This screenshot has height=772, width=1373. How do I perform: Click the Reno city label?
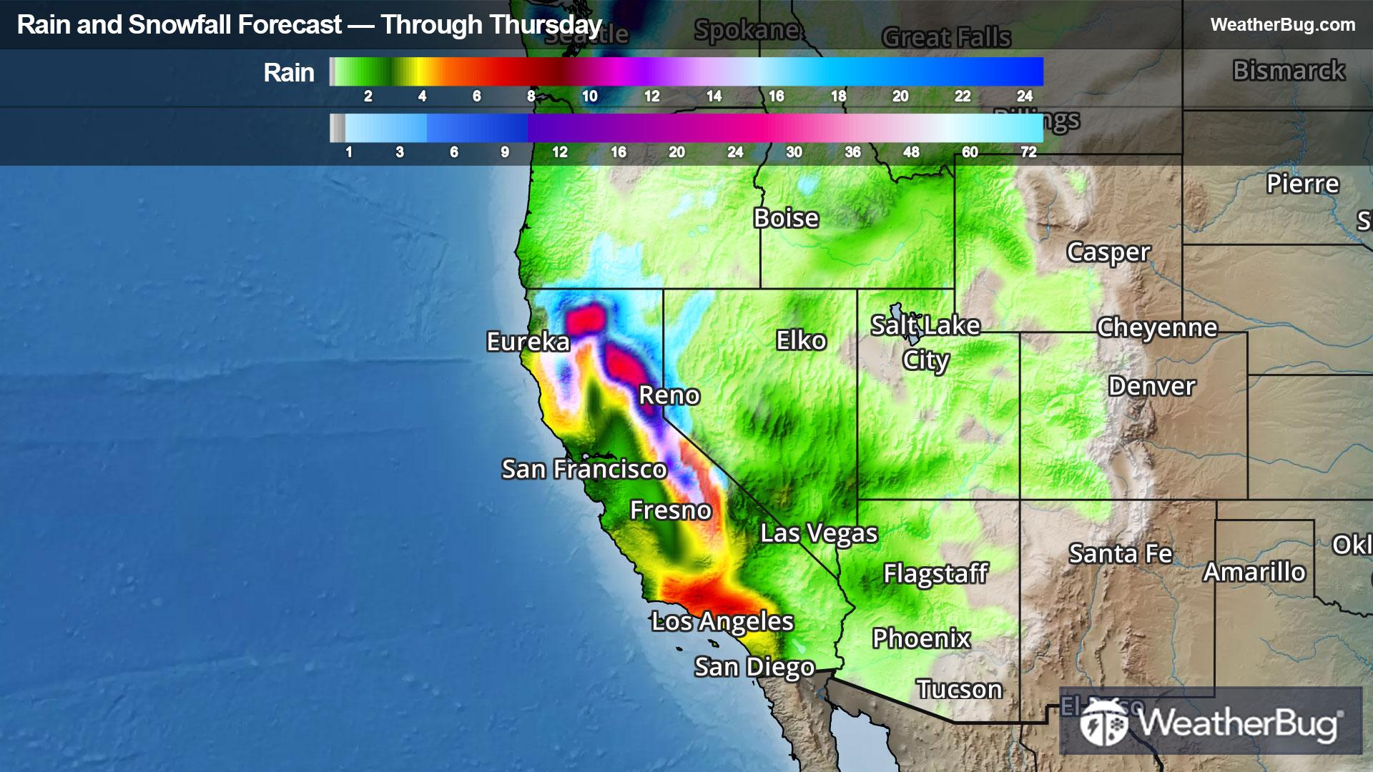669,395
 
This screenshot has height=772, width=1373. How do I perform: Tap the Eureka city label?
528,342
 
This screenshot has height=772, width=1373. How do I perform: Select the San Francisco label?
584,470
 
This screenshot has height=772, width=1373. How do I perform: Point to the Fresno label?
670,510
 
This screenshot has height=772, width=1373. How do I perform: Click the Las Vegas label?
818,533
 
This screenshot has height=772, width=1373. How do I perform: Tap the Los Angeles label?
722,622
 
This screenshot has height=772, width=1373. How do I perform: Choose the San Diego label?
754,667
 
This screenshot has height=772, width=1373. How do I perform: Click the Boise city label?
785,218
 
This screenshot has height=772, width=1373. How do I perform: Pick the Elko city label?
801,341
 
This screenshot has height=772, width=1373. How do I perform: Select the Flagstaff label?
935,573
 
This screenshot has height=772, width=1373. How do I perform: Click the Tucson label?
959,690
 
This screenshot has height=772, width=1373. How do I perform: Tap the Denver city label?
1151,387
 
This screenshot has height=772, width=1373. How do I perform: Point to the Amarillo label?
1254,573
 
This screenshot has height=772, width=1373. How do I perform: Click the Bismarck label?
1289,71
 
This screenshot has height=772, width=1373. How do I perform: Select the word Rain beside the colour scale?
288,73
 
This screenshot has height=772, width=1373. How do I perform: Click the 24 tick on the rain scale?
1024,96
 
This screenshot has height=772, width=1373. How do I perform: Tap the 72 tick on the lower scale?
1028,152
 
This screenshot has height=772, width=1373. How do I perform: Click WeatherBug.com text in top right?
1282,25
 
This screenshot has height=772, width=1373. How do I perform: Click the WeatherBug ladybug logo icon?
1103,723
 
